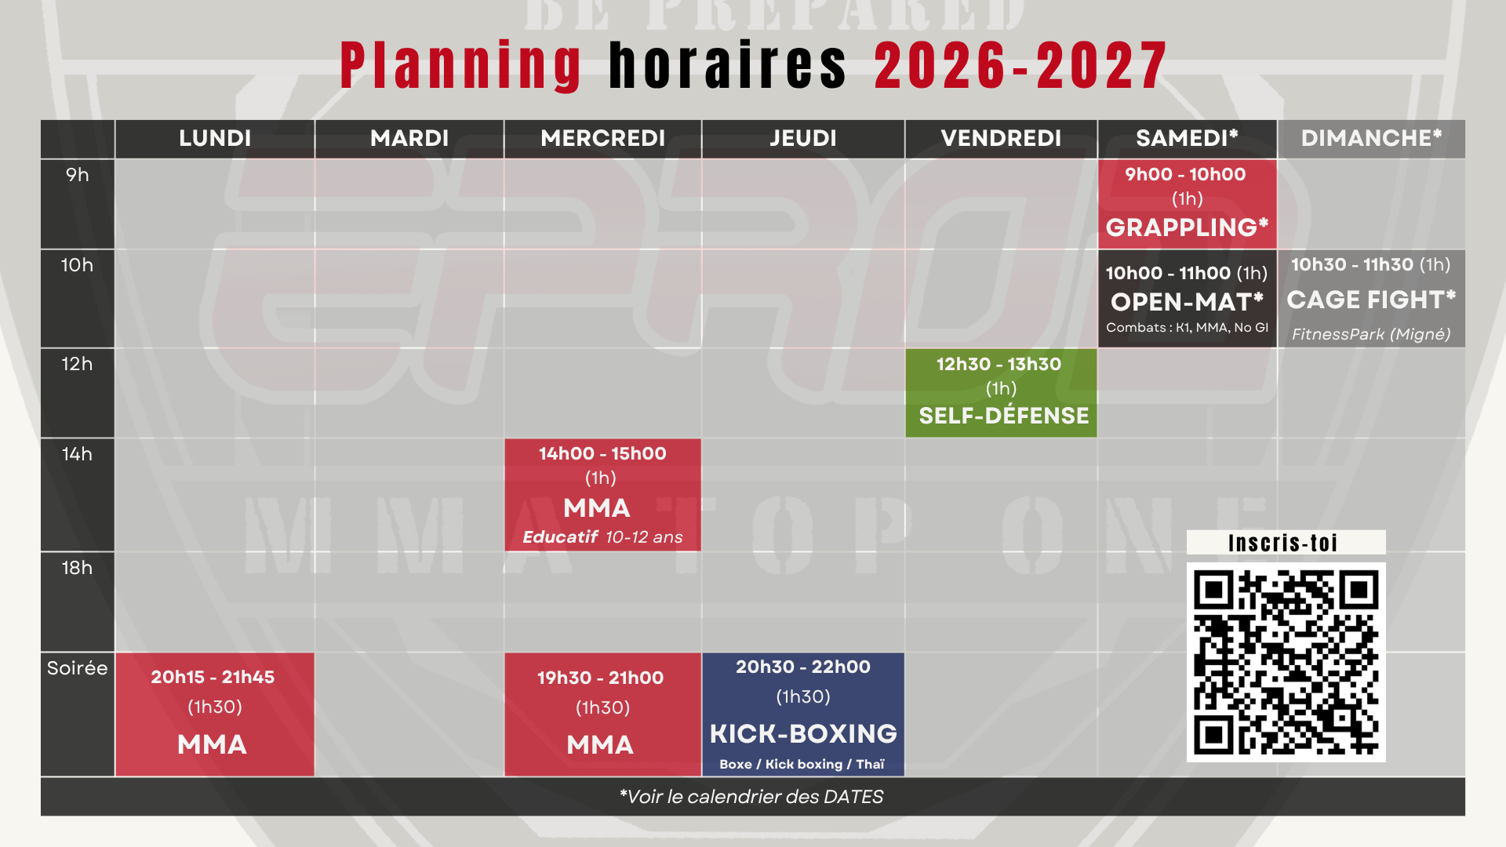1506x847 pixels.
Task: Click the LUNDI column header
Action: pyautogui.click(x=215, y=139)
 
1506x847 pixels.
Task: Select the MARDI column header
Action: pyautogui.click(x=409, y=139)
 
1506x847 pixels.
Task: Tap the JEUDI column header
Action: pyautogui.click(x=803, y=139)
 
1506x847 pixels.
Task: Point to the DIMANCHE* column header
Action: pyautogui.click(x=1371, y=139)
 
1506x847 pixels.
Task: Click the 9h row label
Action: pyautogui.click(x=78, y=175)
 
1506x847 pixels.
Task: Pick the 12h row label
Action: pyautogui.click(x=77, y=364)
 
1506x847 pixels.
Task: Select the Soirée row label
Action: pyautogui.click(x=77, y=668)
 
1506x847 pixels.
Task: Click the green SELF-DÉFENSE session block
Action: pyautogui.click(x=1001, y=393)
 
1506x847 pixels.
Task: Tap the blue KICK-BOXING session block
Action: pyautogui.click(x=803, y=714)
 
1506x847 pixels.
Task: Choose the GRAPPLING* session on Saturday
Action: pyautogui.click(x=1188, y=204)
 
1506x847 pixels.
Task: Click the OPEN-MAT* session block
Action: pyautogui.click(x=1188, y=299)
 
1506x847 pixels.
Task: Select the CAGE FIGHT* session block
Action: pyautogui.click(x=1371, y=299)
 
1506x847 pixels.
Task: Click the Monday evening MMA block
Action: pyautogui.click(x=215, y=714)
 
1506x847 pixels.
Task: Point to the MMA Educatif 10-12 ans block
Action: pyautogui.click(x=602, y=495)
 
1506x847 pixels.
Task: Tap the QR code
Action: pyautogui.click(x=1286, y=662)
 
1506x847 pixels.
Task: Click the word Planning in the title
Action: pyautogui.click(x=461, y=66)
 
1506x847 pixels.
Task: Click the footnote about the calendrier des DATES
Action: pyautogui.click(x=751, y=797)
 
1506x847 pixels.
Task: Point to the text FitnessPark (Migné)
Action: pyautogui.click(x=1371, y=334)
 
